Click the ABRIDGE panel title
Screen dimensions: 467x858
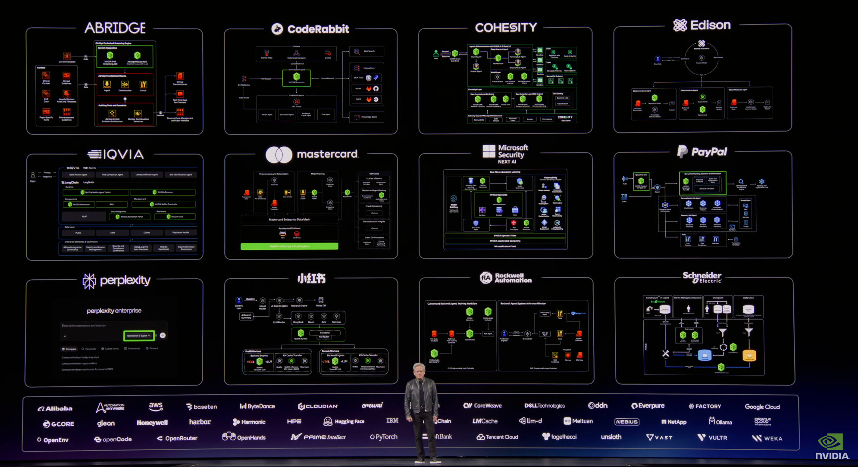[x=115, y=28]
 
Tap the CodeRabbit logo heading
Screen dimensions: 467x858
[x=310, y=29]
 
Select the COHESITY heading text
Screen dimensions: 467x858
[x=506, y=28]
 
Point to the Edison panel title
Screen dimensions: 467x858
[x=702, y=25]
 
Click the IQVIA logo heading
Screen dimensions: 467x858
[x=116, y=154]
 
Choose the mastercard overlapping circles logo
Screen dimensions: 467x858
[x=279, y=154]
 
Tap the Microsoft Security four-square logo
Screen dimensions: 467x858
[x=489, y=151]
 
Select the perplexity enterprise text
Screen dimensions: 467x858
[x=114, y=311]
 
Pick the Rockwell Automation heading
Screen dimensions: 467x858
[x=506, y=278]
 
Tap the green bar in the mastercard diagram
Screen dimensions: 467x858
[x=289, y=246]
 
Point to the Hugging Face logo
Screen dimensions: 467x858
[x=344, y=421]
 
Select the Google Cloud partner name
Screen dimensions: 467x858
[x=762, y=407]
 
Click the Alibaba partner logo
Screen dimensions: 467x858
[x=55, y=408]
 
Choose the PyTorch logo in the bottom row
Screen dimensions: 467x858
[x=383, y=437]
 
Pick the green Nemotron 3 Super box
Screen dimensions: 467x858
[x=139, y=336]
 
